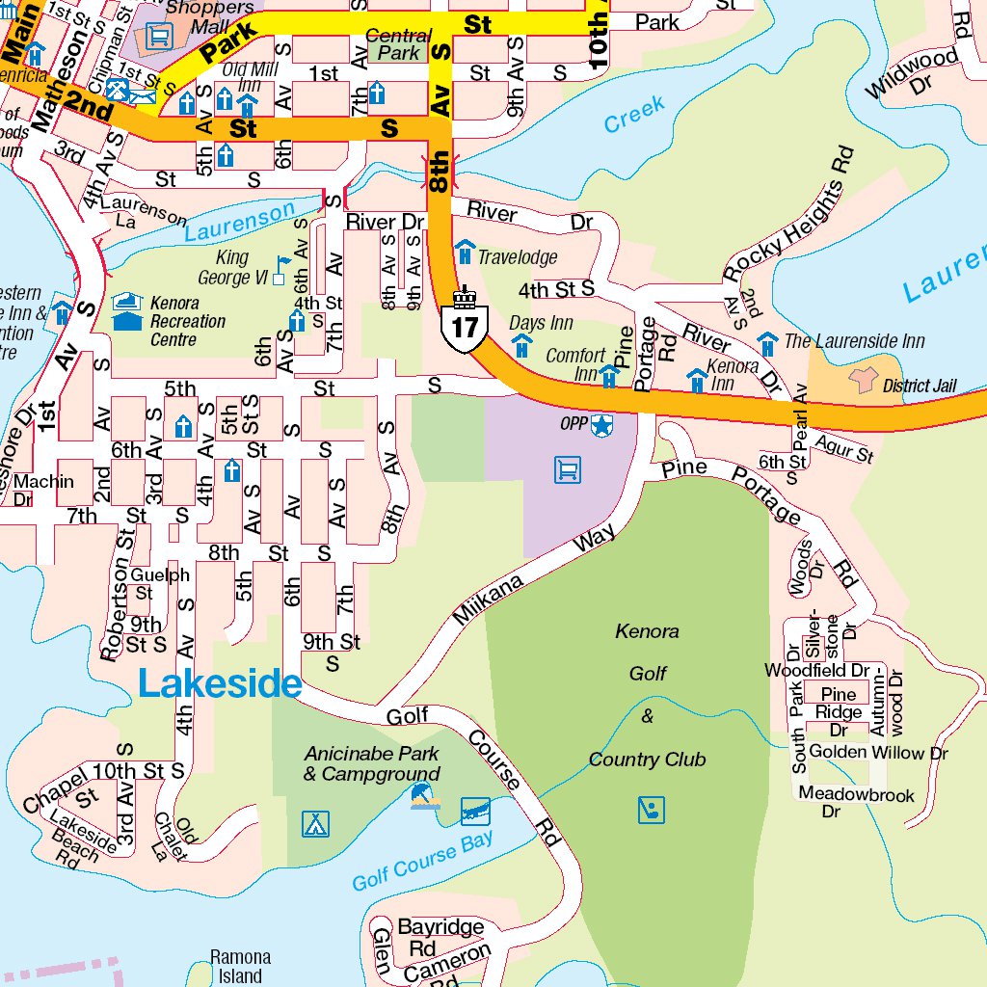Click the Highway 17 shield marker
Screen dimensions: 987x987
465,327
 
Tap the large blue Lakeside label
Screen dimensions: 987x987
220,683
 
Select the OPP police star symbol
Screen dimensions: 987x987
601,424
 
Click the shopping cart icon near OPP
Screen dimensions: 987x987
569,469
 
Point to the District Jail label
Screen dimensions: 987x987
920,386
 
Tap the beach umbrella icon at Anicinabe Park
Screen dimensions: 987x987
424,797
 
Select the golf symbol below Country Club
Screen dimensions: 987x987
652,810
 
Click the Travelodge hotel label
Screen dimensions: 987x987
518,257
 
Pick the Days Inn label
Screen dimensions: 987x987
541,323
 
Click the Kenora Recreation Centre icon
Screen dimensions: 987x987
126,312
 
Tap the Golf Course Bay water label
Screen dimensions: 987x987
422,861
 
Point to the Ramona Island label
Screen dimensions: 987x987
240,966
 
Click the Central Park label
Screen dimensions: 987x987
398,43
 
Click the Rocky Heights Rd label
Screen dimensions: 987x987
789,213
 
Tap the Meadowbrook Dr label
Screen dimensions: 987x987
857,803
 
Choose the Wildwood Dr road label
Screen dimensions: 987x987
913,73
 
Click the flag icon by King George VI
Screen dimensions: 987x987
282,263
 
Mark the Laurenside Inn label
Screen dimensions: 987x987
854,341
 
